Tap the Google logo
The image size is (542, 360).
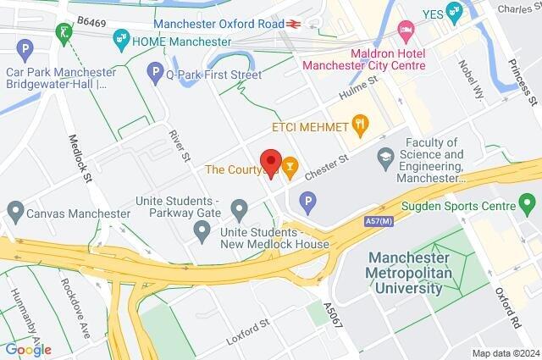point(28,349)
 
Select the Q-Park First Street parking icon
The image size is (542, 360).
point(154,75)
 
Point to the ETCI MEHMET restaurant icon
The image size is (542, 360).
point(362,126)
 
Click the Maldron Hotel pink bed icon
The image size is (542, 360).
point(406,32)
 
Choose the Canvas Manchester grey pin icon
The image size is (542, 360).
point(15,209)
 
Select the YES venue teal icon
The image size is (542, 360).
point(454,12)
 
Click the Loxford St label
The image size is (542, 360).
point(247,330)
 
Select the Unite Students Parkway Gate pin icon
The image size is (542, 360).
point(240,208)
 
